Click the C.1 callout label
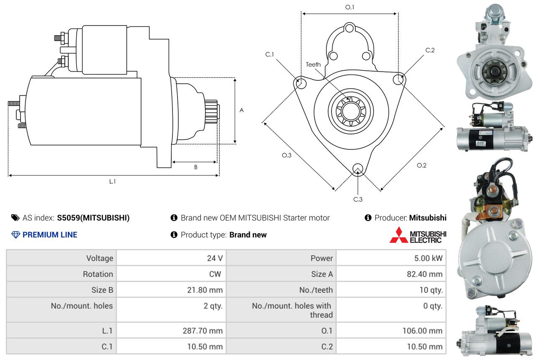269,54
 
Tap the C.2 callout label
430,50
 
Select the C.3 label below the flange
358,199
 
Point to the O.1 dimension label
349,7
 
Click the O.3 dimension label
286,155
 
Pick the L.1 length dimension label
113,181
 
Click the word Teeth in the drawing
313,64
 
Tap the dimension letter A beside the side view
242,111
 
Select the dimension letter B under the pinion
195,167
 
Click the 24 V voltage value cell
215,258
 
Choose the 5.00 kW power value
428,258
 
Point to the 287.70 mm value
203,331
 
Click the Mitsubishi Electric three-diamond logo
398,235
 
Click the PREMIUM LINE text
50,235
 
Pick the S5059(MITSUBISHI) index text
93,218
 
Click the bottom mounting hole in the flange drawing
357,169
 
